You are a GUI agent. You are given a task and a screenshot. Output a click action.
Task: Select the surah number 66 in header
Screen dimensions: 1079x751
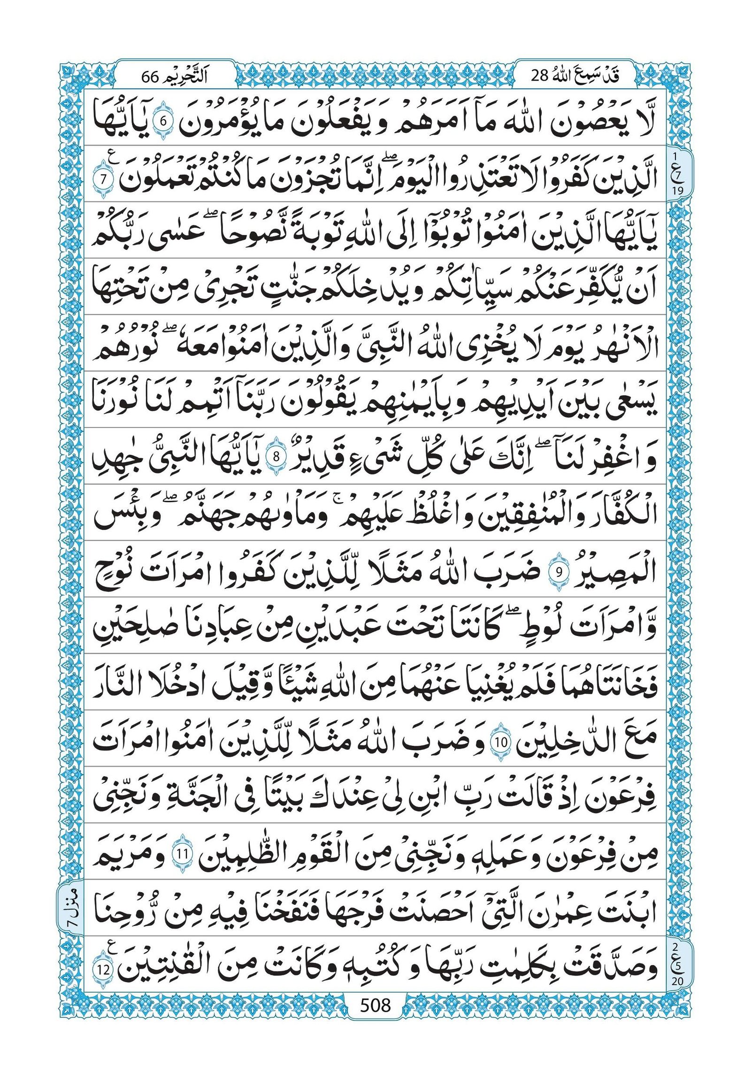(x=151, y=76)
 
